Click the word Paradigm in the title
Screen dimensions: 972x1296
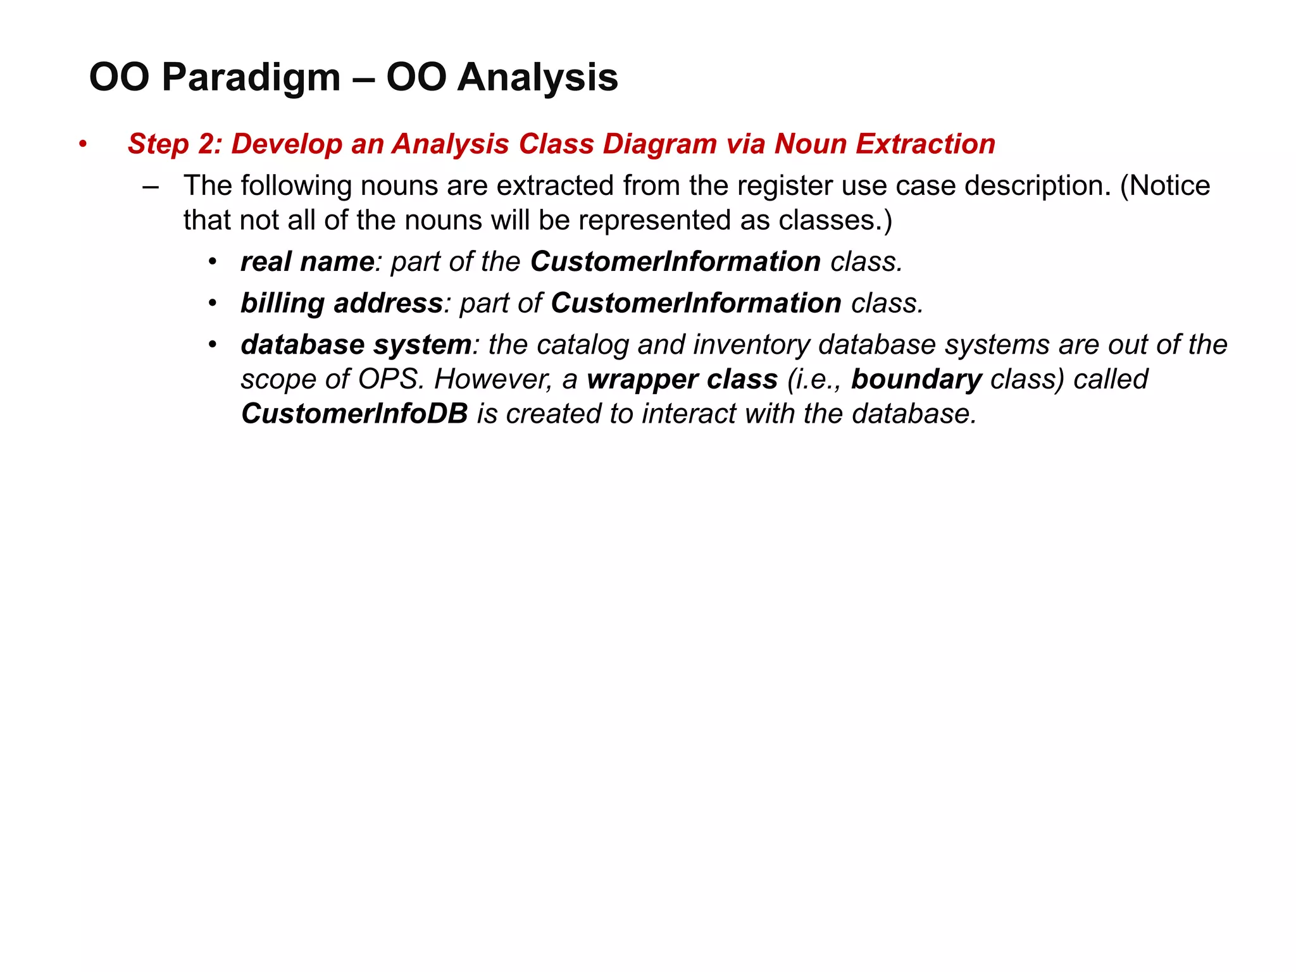pyautogui.click(x=251, y=78)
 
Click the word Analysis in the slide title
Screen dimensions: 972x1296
pyautogui.click(x=537, y=78)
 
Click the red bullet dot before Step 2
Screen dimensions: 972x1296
pyautogui.click(x=82, y=145)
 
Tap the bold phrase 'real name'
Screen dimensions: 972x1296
pyautogui.click(x=308, y=262)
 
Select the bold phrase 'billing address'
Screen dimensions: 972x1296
pyautogui.click(x=341, y=303)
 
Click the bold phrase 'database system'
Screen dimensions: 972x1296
pyautogui.click(x=356, y=345)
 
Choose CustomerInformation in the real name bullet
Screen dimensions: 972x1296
pyautogui.click(x=675, y=262)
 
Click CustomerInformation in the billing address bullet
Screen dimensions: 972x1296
pyautogui.click(x=695, y=303)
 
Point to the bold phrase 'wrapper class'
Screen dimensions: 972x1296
pyautogui.click(x=682, y=380)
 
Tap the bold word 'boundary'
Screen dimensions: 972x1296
pyautogui.click(x=916, y=380)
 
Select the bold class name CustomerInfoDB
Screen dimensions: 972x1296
pyautogui.click(x=354, y=414)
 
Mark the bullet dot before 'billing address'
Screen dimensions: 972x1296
pyautogui.click(x=213, y=304)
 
